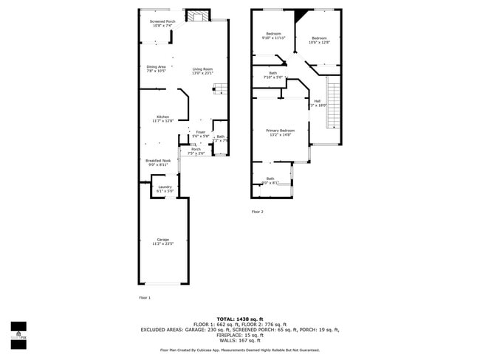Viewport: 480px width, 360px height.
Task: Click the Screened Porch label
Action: tap(162, 24)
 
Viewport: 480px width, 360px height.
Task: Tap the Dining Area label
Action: tap(156, 69)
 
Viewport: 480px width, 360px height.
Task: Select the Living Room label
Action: tap(202, 71)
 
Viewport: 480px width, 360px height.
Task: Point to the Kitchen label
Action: tap(162, 119)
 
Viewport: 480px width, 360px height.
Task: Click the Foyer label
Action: tap(200, 134)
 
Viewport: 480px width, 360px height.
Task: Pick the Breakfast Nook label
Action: tap(158, 162)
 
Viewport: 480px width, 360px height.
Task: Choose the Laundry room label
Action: tap(165, 189)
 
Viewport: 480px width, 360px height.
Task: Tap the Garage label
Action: tap(162, 241)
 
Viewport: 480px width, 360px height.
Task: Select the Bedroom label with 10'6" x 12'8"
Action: tap(319, 40)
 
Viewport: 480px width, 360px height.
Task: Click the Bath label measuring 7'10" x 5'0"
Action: tap(273, 75)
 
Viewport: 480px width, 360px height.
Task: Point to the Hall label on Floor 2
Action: tap(317, 103)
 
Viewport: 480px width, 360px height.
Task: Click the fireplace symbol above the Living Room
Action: tap(197, 16)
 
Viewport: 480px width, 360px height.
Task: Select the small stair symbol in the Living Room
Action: tap(219, 89)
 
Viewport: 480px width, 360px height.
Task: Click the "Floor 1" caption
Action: tap(144, 297)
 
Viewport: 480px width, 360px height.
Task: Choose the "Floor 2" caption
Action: tap(257, 212)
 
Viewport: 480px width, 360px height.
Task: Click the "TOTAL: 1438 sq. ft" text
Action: tap(239, 319)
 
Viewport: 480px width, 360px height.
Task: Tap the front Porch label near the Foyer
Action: tap(196, 151)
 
